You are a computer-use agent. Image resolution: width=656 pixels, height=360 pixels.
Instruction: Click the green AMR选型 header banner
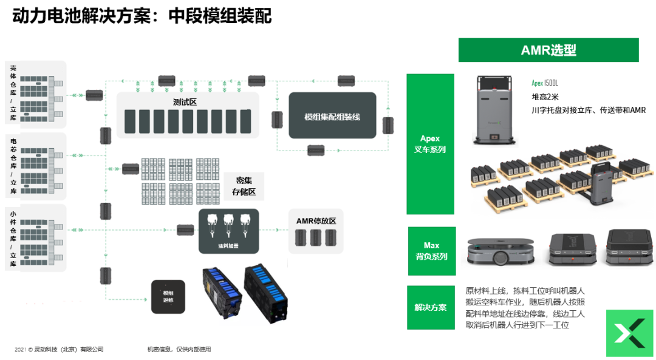coord(548,50)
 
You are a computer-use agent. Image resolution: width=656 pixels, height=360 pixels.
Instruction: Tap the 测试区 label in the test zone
coord(185,102)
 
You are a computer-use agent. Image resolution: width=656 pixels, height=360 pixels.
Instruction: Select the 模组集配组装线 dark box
coord(332,116)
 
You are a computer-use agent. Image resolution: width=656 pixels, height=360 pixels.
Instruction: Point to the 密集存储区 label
coord(244,186)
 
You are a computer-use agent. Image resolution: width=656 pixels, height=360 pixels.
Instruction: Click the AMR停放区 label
coord(316,221)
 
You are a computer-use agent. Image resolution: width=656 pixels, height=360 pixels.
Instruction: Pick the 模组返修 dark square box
coord(168,296)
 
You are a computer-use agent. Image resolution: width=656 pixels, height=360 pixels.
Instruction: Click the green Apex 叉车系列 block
coord(430,144)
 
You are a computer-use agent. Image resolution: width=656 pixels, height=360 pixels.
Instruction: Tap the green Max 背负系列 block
coord(431,251)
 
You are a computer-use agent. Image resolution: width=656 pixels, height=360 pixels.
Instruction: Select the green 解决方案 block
coord(431,307)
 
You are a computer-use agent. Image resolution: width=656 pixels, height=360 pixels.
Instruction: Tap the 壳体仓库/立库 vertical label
coord(13,94)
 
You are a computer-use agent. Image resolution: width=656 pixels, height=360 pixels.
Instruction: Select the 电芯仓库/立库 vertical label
coord(13,166)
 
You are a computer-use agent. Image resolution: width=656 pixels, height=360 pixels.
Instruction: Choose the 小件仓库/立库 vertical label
coord(13,239)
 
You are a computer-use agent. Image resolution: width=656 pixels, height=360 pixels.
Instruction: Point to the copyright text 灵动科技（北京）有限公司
coord(59,349)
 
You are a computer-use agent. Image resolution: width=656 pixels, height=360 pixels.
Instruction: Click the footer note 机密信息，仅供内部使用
coord(179,349)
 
